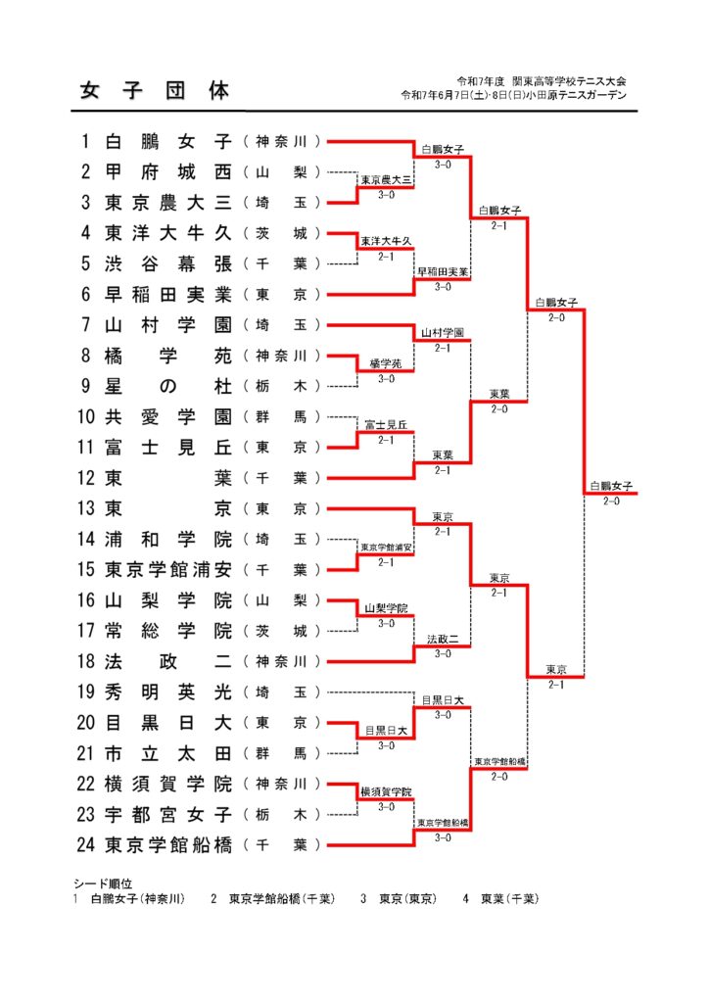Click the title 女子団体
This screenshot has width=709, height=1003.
pyautogui.click(x=154, y=91)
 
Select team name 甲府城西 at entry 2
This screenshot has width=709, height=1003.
pyautogui.click(x=168, y=172)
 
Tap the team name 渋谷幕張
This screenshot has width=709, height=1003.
pyautogui.click(x=168, y=263)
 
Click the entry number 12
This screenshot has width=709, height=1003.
pyautogui.click(x=85, y=478)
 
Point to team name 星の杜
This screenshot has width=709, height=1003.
pyautogui.click(x=168, y=386)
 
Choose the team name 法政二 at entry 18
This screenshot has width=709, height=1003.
pyautogui.click(x=168, y=661)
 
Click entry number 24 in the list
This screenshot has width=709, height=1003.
pyautogui.click(x=85, y=845)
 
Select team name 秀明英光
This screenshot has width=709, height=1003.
pyautogui.click(x=168, y=693)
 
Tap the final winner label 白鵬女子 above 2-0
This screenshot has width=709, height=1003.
pyautogui.click(x=611, y=486)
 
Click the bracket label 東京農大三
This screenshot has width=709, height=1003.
pyautogui.click(x=386, y=180)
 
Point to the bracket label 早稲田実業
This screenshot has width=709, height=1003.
pyautogui.click(x=443, y=272)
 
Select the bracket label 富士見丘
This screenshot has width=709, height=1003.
pyautogui.click(x=386, y=425)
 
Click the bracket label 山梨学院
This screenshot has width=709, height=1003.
pyautogui.click(x=386, y=608)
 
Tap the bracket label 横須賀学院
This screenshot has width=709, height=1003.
pyautogui.click(x=386, y=791)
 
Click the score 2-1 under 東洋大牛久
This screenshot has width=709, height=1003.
pyautogui.click(x=386, y=257)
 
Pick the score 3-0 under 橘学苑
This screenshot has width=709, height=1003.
pyautogui.click(x=386, y=379)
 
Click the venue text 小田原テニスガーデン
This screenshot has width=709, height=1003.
pyautogui.click(x=576, y=95)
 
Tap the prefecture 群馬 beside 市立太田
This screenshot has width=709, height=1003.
pyautogui.click(x=282, y=753)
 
